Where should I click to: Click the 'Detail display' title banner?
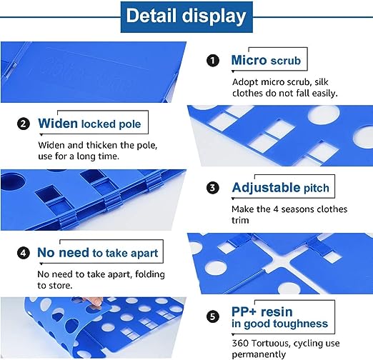coord(186,17)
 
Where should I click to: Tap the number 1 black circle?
coord(213,61)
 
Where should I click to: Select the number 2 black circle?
coord(24,124)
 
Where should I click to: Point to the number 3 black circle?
coord(213,188)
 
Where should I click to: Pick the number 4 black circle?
coord(24,253)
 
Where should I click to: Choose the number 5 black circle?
coord(213,316)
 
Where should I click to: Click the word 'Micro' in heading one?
coord(249,60)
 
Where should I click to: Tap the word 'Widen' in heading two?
coord(58,124)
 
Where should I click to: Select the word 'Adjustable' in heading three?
coord(266,188)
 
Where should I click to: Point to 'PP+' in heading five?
coord(244,311)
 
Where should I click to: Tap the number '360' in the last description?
coord(240,344)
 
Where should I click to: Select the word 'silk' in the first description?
coord(322,82)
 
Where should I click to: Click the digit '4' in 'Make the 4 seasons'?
coord(276,209)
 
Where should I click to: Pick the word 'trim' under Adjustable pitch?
coord(240,220)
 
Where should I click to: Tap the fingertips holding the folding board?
coord(96,301)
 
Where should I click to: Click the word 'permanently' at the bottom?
coord(259,354)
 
